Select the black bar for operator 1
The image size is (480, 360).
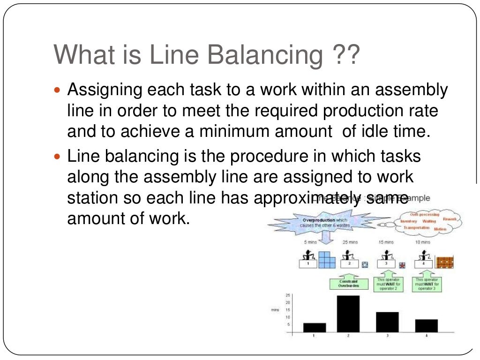[314, 327]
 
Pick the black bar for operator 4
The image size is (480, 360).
[426, 325]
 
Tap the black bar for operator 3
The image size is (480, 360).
[387, 322]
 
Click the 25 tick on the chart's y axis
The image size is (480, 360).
[288, 295]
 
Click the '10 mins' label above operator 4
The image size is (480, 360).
[422, 242]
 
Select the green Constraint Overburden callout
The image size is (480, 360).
[348, 283]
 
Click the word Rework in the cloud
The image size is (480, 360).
[450, 219]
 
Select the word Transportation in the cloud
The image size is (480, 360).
[416, 227]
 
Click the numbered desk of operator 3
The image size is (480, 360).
[386, 264]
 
